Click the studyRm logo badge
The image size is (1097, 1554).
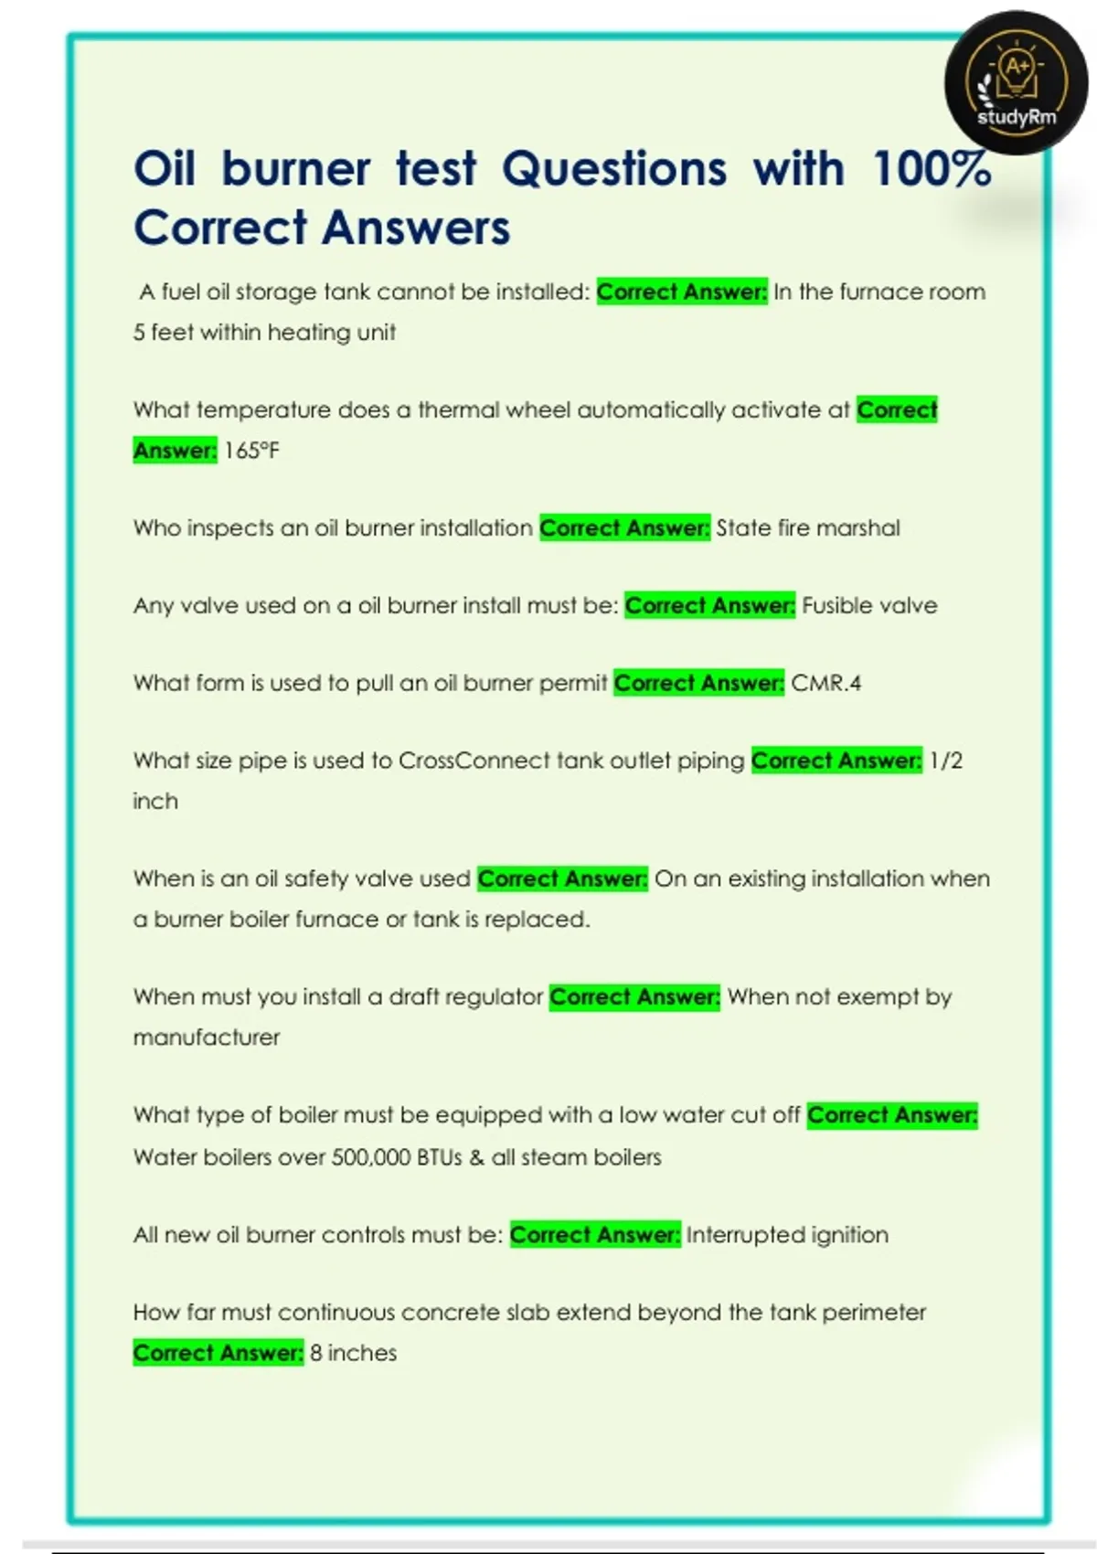tap(1016, 83)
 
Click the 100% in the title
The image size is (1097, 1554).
tap(932, 169)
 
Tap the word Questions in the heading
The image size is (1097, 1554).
tap(614, 169)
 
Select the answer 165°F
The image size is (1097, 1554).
tap(251, 451)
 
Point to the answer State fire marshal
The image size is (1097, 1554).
tap(807, 528)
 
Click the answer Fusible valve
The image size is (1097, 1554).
tap(869, 606)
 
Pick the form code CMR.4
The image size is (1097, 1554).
tap(825, 684)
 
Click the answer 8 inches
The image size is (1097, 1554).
tap(353, 1353)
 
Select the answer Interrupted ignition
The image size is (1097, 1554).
tap(787, 1235)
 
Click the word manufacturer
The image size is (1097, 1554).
tap(207, 1038)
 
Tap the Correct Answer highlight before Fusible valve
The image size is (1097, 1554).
tap(709, 606)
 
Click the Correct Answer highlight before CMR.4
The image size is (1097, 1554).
tap(698, 684)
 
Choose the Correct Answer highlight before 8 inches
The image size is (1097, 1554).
tap(218, 1353)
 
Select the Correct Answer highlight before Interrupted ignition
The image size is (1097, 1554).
tap(594, 1235)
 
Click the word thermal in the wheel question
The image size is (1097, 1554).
tap(459, 410)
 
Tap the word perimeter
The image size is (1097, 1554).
tap(873, 1313)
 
